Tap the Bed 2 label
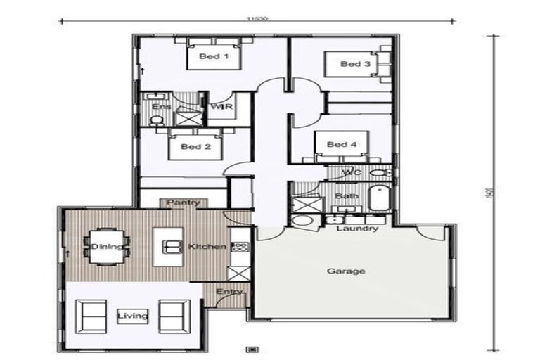point(195,147)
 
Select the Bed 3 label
point(355,64)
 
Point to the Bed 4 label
point(342,145)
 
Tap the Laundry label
point(357,229)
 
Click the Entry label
point(229,290)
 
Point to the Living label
point(133,316)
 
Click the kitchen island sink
point(172,246)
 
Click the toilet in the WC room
point(380,172)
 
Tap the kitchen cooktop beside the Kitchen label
point(240,247)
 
